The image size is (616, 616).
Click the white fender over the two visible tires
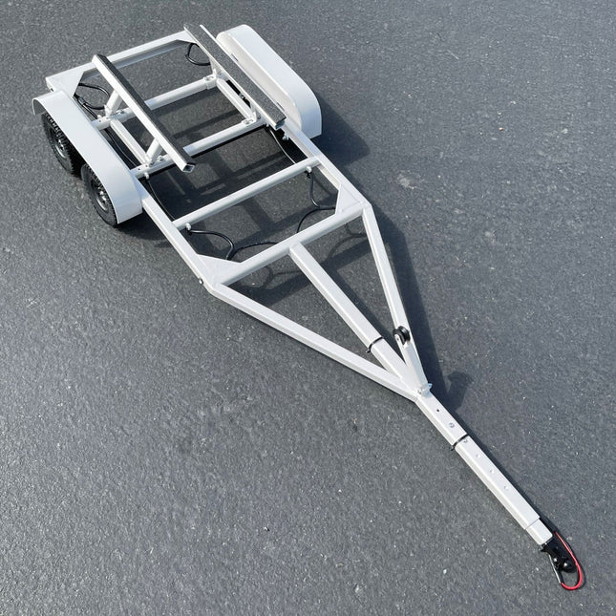click(91, 143)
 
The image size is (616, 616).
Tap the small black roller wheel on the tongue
click(402, 337)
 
